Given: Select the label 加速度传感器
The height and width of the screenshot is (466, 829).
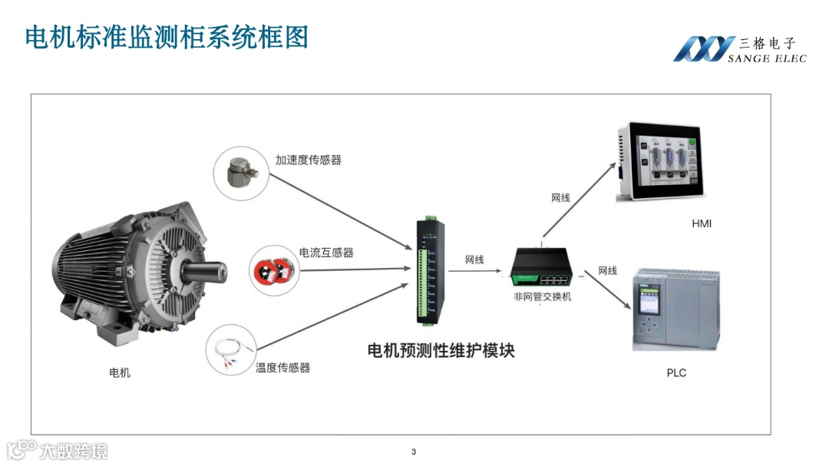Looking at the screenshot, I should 309,160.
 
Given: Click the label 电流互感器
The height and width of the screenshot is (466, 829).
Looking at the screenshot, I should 326,253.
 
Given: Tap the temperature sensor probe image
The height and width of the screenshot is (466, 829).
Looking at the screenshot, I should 233,352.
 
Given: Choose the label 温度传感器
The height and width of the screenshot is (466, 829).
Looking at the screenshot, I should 282,368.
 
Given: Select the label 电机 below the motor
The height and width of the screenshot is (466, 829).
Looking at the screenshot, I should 120,373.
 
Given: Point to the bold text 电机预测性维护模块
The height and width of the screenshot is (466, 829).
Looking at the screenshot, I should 441,351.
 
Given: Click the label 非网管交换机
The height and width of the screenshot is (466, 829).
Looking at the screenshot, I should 543,297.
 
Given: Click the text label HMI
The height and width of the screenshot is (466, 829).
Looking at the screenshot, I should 702,223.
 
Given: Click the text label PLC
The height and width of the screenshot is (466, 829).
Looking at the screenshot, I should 676,373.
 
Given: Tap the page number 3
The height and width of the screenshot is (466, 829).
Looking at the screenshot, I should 414,451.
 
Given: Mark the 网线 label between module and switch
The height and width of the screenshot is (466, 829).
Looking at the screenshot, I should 475,260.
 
